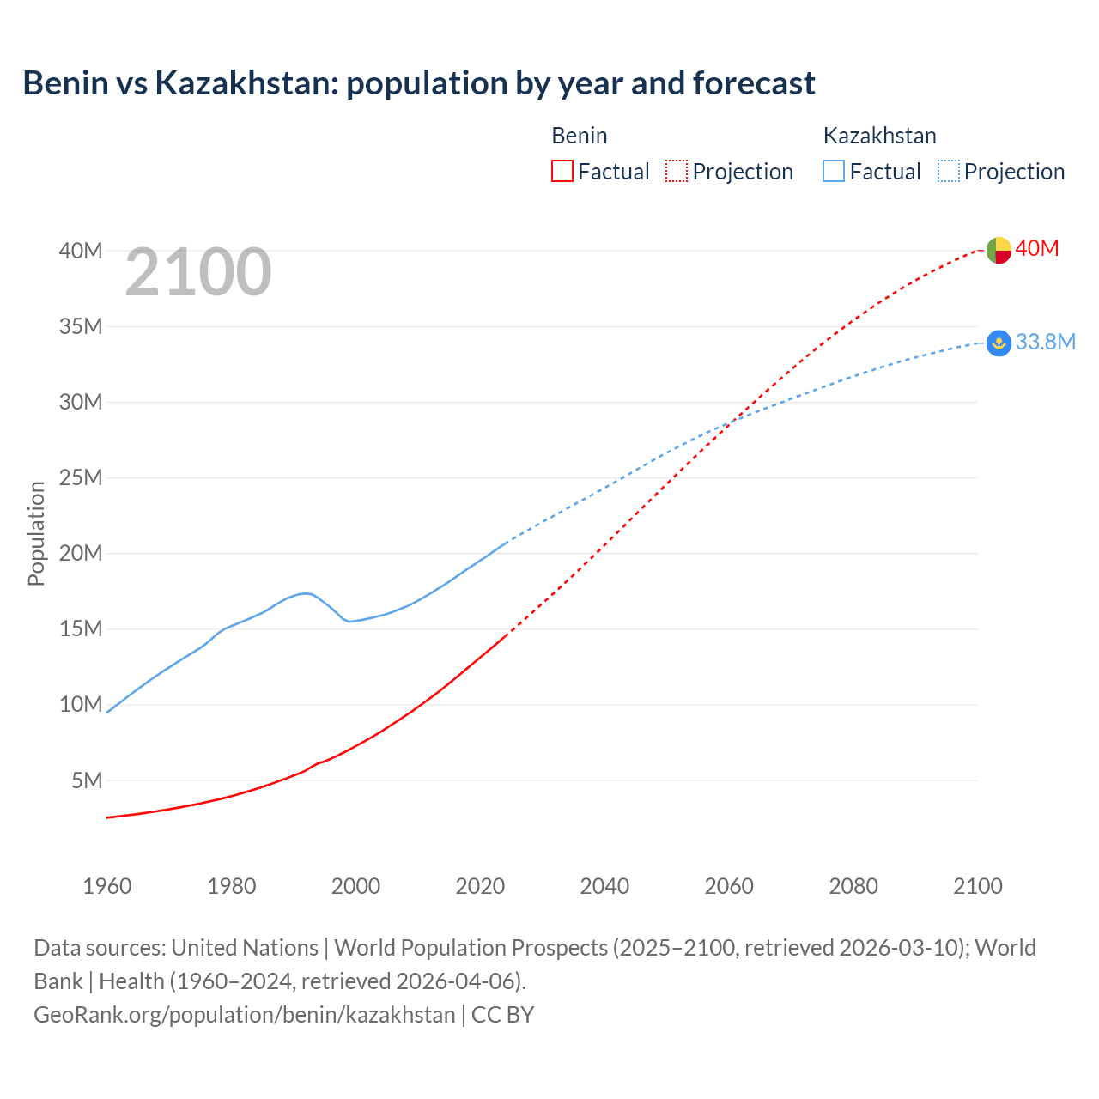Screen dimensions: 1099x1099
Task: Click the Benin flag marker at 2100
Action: pyautogui.click(x=998, y=250)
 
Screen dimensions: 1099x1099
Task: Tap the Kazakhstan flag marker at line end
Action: pyautogui.click(x=998, y=343)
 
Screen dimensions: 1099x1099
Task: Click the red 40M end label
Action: pyautogui.click(x=1037, y=248)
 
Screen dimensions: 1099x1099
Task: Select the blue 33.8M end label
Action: pyautogui.click(x=1045, y=342)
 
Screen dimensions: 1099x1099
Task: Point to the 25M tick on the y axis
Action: pyautogui.click(x=81, y=477)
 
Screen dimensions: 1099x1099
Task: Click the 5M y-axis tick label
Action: pyautogui.click(x=87, y=780)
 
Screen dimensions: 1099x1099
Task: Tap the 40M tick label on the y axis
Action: pyautogui.click(x=81, y=251)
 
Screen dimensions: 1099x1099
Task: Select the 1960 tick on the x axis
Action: pyautogui.click(x=107, y=886)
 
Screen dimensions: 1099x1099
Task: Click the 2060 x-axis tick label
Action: pyautogui.click(x=729, y=886)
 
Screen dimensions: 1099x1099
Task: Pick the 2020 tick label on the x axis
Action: pyautogui.click(x=480, y=886)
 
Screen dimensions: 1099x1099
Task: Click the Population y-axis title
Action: pyautogui.click(x=36, y=533)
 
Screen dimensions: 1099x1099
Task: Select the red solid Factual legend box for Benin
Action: pyautogui.click(x=562, y=171)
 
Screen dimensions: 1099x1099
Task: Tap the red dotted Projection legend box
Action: pyautogui.click(x=677, y=171)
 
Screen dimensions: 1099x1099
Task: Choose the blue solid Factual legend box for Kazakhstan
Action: pyautogui.click(x=834, y=171)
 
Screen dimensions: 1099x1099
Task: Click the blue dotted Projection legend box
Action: pyautogui.click(x=949, y=171)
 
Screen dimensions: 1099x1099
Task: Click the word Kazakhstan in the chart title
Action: pyautogui.click(x=246, y=83)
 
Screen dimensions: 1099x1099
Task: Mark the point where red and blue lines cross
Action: pyautogui.click(x=732, y=421)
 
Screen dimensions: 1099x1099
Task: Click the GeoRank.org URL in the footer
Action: pyautogui.click(x=244, y=1014)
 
